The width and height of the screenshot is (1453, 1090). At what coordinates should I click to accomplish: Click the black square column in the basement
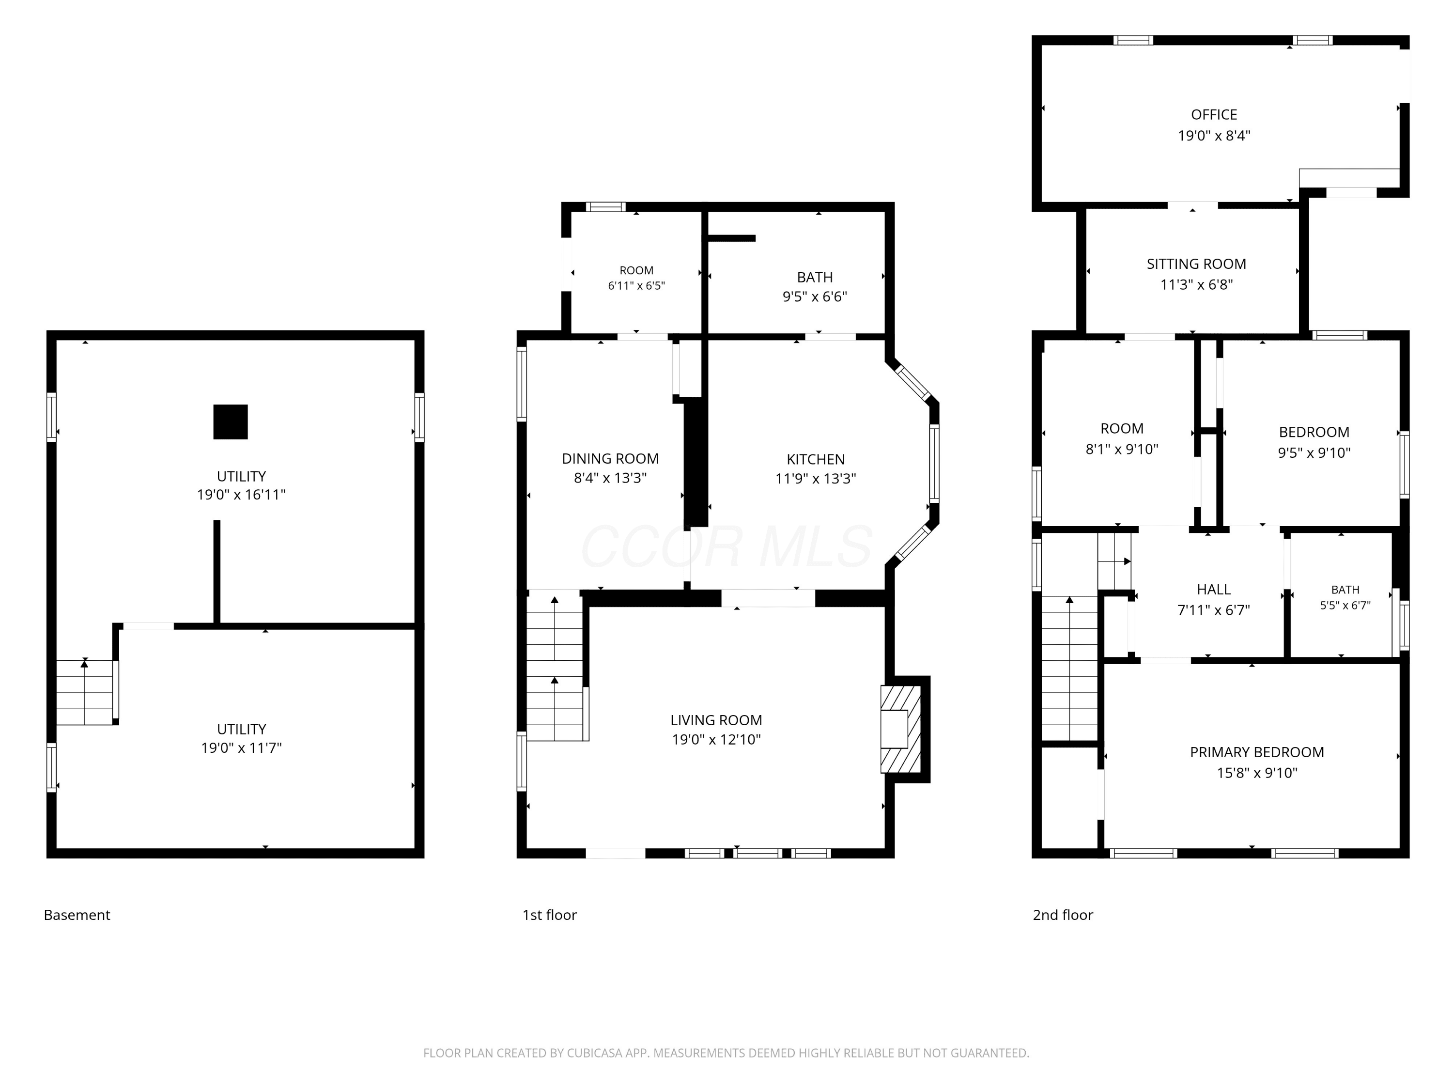tap(231, 422)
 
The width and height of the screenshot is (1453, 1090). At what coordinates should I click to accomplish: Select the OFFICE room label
tap(1214, 115)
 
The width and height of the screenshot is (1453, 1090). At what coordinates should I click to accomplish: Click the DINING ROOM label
tap(610, 459)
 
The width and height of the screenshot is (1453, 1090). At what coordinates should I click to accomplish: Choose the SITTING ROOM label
tap(1196, 264)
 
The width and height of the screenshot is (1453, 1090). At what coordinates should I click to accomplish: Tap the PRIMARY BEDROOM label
tap(1256, 752)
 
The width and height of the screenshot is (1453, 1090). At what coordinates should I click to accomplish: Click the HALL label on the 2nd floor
tap(1213, 590)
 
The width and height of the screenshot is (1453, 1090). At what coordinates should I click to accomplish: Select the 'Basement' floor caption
tap(77, 915)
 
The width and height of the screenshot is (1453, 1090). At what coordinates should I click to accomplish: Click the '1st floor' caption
tap(549, 915)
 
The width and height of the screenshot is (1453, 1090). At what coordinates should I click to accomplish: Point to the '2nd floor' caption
tap(1063, 915)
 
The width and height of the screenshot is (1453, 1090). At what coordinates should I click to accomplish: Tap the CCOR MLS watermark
tap(726, 546)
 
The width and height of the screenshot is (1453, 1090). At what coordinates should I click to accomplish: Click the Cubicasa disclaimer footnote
tap(726, 1053)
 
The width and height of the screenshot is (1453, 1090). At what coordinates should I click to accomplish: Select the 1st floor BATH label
tap(815, 277)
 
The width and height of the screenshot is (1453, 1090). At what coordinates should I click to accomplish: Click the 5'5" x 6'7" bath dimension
tap(1345, 605)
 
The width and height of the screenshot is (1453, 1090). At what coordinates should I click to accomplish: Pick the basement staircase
tap(85, 692)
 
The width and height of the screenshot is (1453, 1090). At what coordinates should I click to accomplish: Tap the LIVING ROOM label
tap(716, 720)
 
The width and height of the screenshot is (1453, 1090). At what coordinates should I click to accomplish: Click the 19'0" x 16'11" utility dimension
tap(241, 495)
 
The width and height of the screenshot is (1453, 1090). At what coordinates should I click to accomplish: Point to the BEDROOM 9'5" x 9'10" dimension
tap(1314, 452)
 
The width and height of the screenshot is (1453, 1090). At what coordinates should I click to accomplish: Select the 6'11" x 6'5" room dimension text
tap(636, 286)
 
